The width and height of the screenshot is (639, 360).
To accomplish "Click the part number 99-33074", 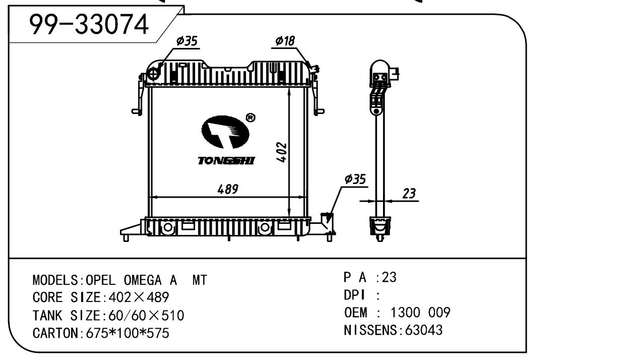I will click(x=89, y=24).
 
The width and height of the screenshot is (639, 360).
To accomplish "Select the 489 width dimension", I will click(x=227, y=190).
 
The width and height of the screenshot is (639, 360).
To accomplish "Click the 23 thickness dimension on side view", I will click(x=409, y=194).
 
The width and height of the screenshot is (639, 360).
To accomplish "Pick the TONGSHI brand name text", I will click(x=226, y=161).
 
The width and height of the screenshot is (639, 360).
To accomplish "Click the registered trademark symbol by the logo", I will click(x=250, y=117).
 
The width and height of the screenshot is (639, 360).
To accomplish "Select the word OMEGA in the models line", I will click(x=138, y=280).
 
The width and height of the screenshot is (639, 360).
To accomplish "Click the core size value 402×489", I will click(x=136, y=297).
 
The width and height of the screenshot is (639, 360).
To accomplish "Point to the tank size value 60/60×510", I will click(x=144, y=316).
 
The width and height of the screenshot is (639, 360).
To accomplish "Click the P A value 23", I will click(x=389, y=277).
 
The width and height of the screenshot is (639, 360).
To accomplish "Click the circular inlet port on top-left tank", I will click(x=154, y=74).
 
